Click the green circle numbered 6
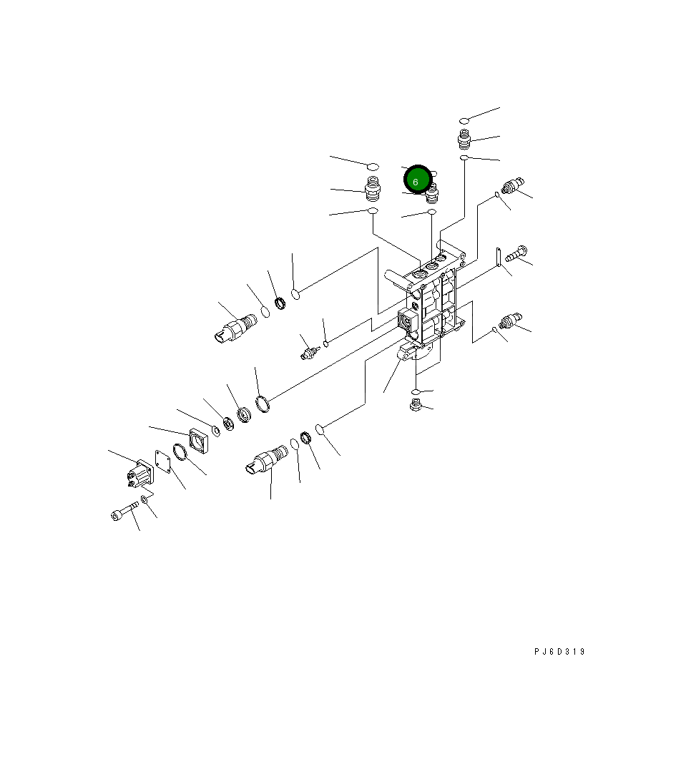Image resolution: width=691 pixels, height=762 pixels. click(418, 180)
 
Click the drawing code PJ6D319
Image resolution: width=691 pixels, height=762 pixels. click(559, 652)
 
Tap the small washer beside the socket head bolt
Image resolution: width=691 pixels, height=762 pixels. click(144, 499)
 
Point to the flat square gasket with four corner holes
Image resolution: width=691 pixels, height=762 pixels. click(163, 461)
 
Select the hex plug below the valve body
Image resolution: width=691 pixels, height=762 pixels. click(415, 404)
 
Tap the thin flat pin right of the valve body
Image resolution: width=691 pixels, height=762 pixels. click(499, 257)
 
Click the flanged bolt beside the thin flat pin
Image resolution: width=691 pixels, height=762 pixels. click(516, 254)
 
